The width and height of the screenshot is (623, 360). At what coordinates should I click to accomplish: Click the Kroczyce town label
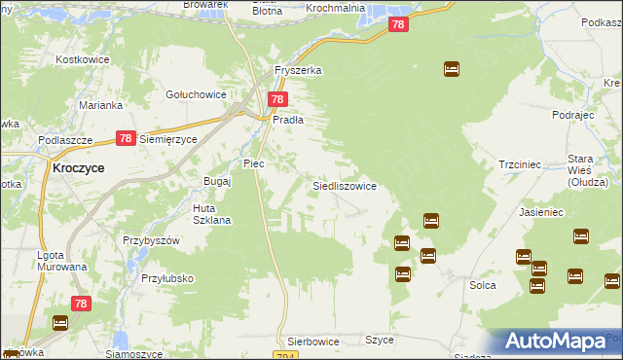point(77,167)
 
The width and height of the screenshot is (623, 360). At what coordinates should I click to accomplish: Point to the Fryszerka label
point(298,71)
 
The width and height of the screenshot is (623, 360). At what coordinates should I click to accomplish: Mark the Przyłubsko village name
point(165,278)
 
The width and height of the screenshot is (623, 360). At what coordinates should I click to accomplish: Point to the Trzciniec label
point(519,165)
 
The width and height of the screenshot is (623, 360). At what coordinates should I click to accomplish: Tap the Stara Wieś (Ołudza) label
point(588,169)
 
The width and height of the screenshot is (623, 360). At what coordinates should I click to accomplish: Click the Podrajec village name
point(571,115)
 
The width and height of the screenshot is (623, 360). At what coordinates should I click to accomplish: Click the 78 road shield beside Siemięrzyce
point(125,139)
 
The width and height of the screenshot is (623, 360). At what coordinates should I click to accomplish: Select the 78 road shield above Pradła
point(277,99)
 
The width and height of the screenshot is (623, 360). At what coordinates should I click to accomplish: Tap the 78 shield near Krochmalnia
point(397,24)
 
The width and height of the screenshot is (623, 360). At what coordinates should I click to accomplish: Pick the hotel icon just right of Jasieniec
point(581,235)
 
